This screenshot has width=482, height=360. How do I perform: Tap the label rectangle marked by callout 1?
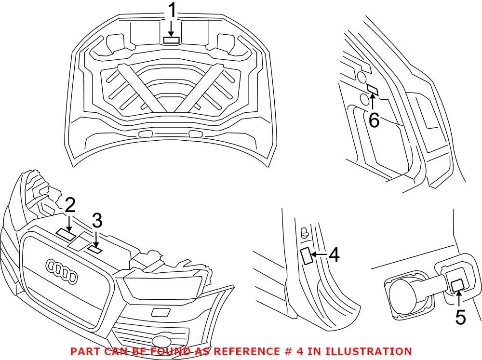(x=172, y=40)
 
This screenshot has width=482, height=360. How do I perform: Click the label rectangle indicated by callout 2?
(x=66, y=233)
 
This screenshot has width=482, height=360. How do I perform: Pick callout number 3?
(x=97, y=222)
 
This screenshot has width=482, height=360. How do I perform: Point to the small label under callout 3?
(x=95, y=249)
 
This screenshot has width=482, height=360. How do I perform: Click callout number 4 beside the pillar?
(x=334, y=255)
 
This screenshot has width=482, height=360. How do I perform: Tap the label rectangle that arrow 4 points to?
(x=306, y=255)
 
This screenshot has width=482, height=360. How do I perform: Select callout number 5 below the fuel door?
(x=460, y=317)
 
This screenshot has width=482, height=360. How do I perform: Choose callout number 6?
(x=374, y=120)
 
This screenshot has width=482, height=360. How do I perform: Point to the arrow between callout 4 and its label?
(x=320, y=255)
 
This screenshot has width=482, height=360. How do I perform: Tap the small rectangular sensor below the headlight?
(x=160, y=311)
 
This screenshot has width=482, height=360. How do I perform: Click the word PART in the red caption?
(x=84, y=351)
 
